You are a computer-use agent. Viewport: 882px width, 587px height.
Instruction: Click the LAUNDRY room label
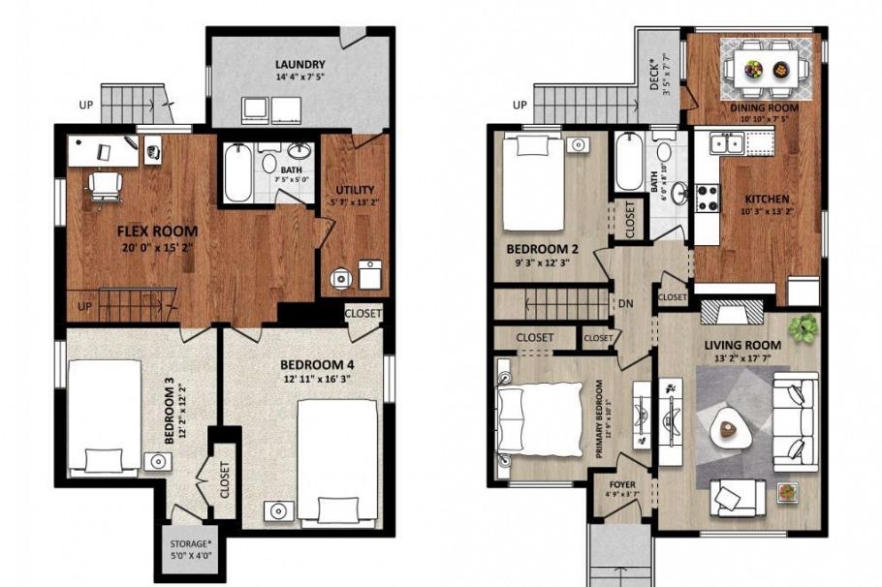click(x=299, y=66)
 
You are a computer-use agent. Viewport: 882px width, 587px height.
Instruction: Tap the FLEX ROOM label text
click(x=157, y=232)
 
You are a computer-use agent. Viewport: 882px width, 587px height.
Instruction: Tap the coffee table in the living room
click(x=729, y=427)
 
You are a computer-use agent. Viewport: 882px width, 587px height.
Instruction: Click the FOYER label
click(x=621, y=485)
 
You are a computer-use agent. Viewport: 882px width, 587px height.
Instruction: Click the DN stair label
click(x=625, y=303)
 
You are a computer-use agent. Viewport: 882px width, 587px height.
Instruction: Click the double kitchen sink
click(x=727, y=143)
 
